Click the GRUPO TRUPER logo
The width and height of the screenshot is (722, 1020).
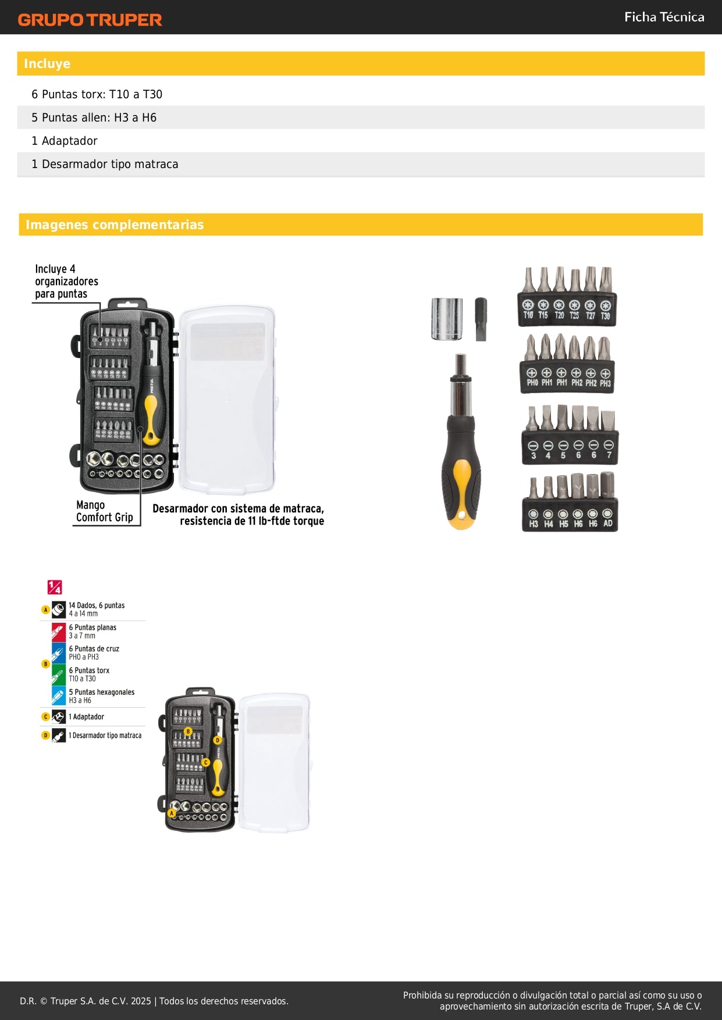coord(90,20)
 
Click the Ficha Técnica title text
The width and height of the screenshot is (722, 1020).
coord(664,17)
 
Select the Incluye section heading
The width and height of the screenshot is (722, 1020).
coord(47,64)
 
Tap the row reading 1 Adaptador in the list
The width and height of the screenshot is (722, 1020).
coord(65,141)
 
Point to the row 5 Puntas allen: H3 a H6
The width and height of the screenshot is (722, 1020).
coord(94,117)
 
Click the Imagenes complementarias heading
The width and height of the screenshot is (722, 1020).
coord(115,224)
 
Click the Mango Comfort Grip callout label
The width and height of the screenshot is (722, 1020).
coord(104,511)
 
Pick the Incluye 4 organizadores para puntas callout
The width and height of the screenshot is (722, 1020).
coord(66,281)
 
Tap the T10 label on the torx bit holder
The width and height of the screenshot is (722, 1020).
coord(528,315)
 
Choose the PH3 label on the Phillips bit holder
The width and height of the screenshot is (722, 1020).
coord(605,383)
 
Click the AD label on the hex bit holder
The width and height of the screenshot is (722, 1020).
coord(607,523)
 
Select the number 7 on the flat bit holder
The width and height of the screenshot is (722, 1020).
coord(609,455)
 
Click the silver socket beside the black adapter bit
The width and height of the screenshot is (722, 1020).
coord(447,319)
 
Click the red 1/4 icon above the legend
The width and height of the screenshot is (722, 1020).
coord(55,587)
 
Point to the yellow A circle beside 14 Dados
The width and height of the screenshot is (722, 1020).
coord(45,610)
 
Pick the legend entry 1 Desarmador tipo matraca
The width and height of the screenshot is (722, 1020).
coord(105,736)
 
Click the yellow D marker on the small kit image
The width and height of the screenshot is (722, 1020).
coord(217,740)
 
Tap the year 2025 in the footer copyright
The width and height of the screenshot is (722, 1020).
coord(141,1001)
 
